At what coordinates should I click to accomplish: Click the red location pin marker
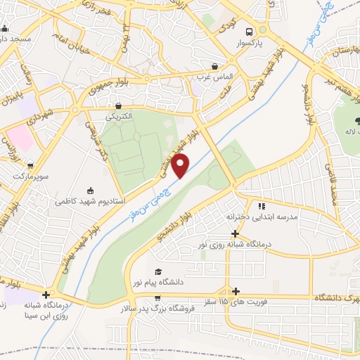181,167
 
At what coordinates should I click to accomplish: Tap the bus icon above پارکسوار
249,32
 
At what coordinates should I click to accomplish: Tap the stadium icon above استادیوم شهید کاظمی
89,190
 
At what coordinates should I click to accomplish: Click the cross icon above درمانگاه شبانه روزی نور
236,233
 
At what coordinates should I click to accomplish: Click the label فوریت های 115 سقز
257,302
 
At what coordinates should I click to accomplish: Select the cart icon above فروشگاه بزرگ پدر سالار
142,298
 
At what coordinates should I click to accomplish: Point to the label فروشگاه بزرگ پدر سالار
166,308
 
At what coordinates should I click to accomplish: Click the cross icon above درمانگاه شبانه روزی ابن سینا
46,295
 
